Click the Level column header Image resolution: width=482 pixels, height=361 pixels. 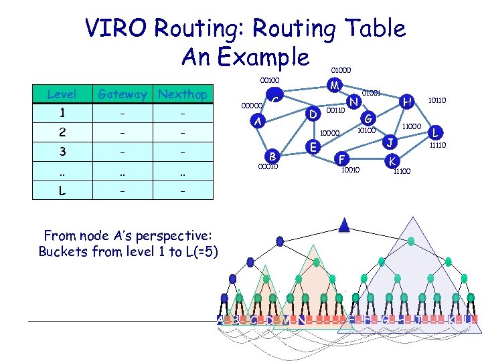point(62,94)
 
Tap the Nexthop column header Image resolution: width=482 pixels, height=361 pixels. point(183,94)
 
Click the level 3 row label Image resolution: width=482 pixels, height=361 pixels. point(62,151)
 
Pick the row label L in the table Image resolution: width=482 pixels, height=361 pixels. point(62,190)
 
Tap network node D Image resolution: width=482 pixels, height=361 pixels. point(313,114)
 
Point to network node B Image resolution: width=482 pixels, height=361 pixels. point(272,156)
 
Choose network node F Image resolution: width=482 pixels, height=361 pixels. point(342,159)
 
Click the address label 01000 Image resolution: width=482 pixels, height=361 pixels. point(340,69)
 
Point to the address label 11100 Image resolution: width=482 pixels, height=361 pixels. point(402,172)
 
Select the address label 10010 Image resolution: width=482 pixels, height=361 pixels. point(350,170)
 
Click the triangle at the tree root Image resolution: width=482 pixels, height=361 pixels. point(344,225)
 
